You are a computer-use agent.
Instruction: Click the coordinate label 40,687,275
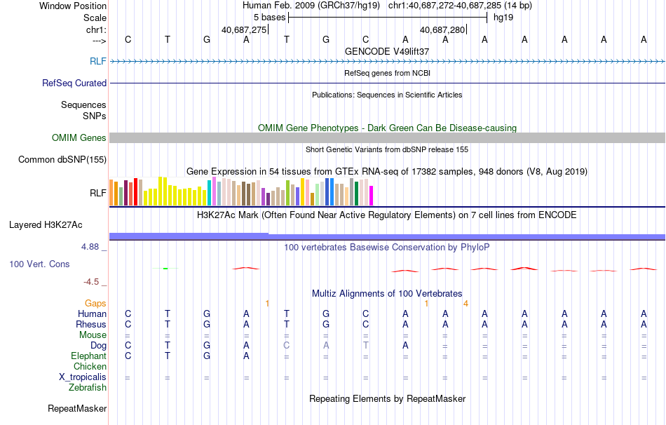pos(244,30)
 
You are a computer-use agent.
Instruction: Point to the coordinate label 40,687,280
pos(442,30)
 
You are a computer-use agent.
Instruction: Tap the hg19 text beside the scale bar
pos(503,18)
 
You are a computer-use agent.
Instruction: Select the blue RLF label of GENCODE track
pos(98,62)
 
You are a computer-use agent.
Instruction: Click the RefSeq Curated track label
pos(74,83)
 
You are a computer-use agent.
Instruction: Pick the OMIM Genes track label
pos(79,138)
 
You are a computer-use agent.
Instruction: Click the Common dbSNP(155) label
pos(62,159)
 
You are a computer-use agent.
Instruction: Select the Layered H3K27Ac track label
pos(46,225)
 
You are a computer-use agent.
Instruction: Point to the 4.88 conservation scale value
pos(91,247)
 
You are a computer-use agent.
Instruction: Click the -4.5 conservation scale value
pos(92,282)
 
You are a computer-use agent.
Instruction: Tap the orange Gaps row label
pos(95,303)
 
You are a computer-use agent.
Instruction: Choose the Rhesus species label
pos(91,325)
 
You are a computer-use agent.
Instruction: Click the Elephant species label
pos(89,356)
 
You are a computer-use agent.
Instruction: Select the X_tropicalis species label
pos(83,377)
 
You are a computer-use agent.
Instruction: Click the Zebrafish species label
pos(88,388)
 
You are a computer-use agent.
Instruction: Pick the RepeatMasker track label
pos(77,408)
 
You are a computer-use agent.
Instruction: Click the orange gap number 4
pos(465,303)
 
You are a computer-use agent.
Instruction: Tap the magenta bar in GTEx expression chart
pos(371,196)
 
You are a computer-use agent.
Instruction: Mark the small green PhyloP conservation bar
pos(165,268)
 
